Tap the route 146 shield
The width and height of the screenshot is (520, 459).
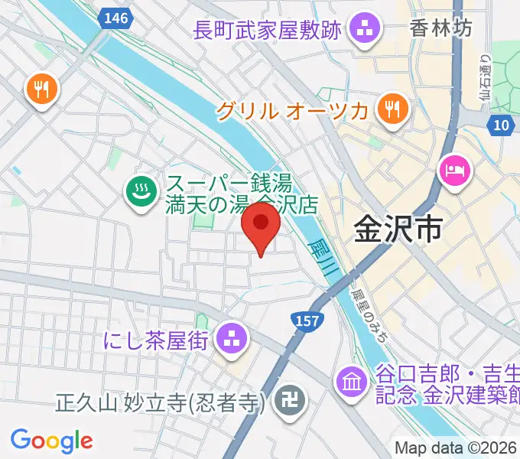[117, 18]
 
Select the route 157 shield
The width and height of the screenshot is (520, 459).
[304, 317]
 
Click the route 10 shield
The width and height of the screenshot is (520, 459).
[501, 125]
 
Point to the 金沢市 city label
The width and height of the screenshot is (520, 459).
[398, 228]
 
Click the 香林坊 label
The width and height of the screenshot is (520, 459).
[441, 29]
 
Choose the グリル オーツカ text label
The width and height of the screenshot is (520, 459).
[292, 111]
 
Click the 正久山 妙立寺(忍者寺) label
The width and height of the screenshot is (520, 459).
[160, 402]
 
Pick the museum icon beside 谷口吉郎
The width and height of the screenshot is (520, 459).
[352, 382]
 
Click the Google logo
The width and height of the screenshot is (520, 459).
[51, 441]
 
